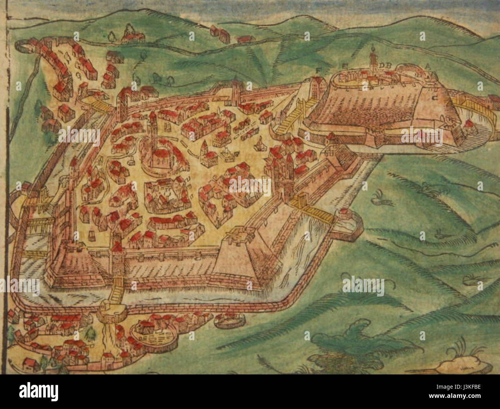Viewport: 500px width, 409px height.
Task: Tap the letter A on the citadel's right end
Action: (427, 66)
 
